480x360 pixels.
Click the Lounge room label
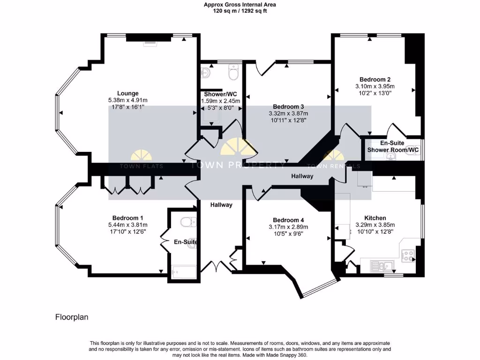[127, 93]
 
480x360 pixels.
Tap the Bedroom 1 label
[127, 218]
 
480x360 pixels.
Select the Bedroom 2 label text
[375, 79]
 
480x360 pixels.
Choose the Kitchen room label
[375, 218]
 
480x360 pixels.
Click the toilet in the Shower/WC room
[233, 73]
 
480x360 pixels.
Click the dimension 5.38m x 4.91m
[127, 100]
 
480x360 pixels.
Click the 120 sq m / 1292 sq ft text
[240, 11]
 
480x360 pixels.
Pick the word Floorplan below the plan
[72, 317]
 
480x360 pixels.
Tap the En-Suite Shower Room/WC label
[393, 146]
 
